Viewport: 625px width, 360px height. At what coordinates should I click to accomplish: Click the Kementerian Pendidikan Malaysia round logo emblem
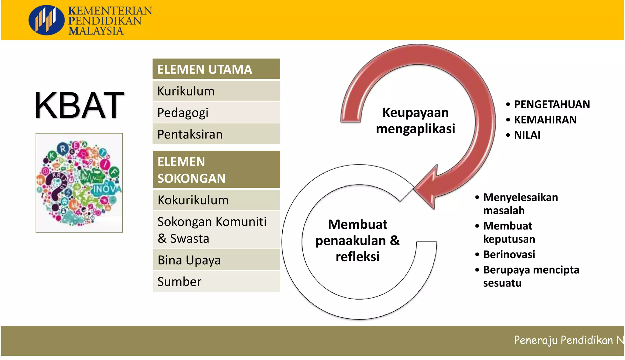pyautogui.click(x=46, y=20)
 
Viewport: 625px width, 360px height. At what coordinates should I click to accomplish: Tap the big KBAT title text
pyautogui.click(x=79, y=105)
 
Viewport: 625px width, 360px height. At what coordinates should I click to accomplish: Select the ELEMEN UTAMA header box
pyautogui.click(x=216, y=69)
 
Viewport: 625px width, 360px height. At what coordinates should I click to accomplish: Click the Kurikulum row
pyautogui.click(x=216, y=91)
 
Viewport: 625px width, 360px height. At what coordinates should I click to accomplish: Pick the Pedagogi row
pyautogui.click(x=216, y=113)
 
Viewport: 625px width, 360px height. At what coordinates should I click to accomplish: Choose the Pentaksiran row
pyautogui.click(x=216, y=134)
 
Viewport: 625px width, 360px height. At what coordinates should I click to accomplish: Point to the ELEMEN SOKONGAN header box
pyautogui.click(x=216, y=170)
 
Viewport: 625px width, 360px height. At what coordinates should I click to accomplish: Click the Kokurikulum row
pyautogui.click(x=216, y=200)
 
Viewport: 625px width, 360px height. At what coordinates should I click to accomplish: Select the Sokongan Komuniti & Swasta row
pyautogui.click(x=216, y=230)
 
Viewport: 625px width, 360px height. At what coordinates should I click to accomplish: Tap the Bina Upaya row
pyautogui.click(x=216, y=260)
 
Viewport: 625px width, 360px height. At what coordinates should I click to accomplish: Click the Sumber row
pyautogui.click(x=216, y=281)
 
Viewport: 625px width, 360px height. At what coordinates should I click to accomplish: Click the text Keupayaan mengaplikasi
pyautogui.click(x=415, y=121)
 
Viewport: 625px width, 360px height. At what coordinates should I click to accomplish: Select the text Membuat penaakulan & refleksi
pyautogui.click(x=357, y=240)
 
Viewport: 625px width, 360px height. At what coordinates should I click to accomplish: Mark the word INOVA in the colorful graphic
pyautogui.click(x=107, y=189)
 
